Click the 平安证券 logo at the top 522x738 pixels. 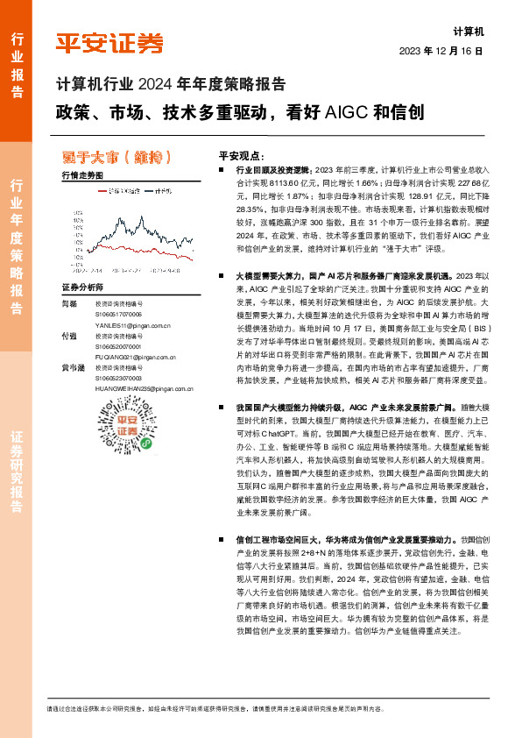coord(109,43)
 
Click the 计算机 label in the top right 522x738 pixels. coord(469,31)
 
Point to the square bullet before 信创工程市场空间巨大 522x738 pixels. coord(226,540)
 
